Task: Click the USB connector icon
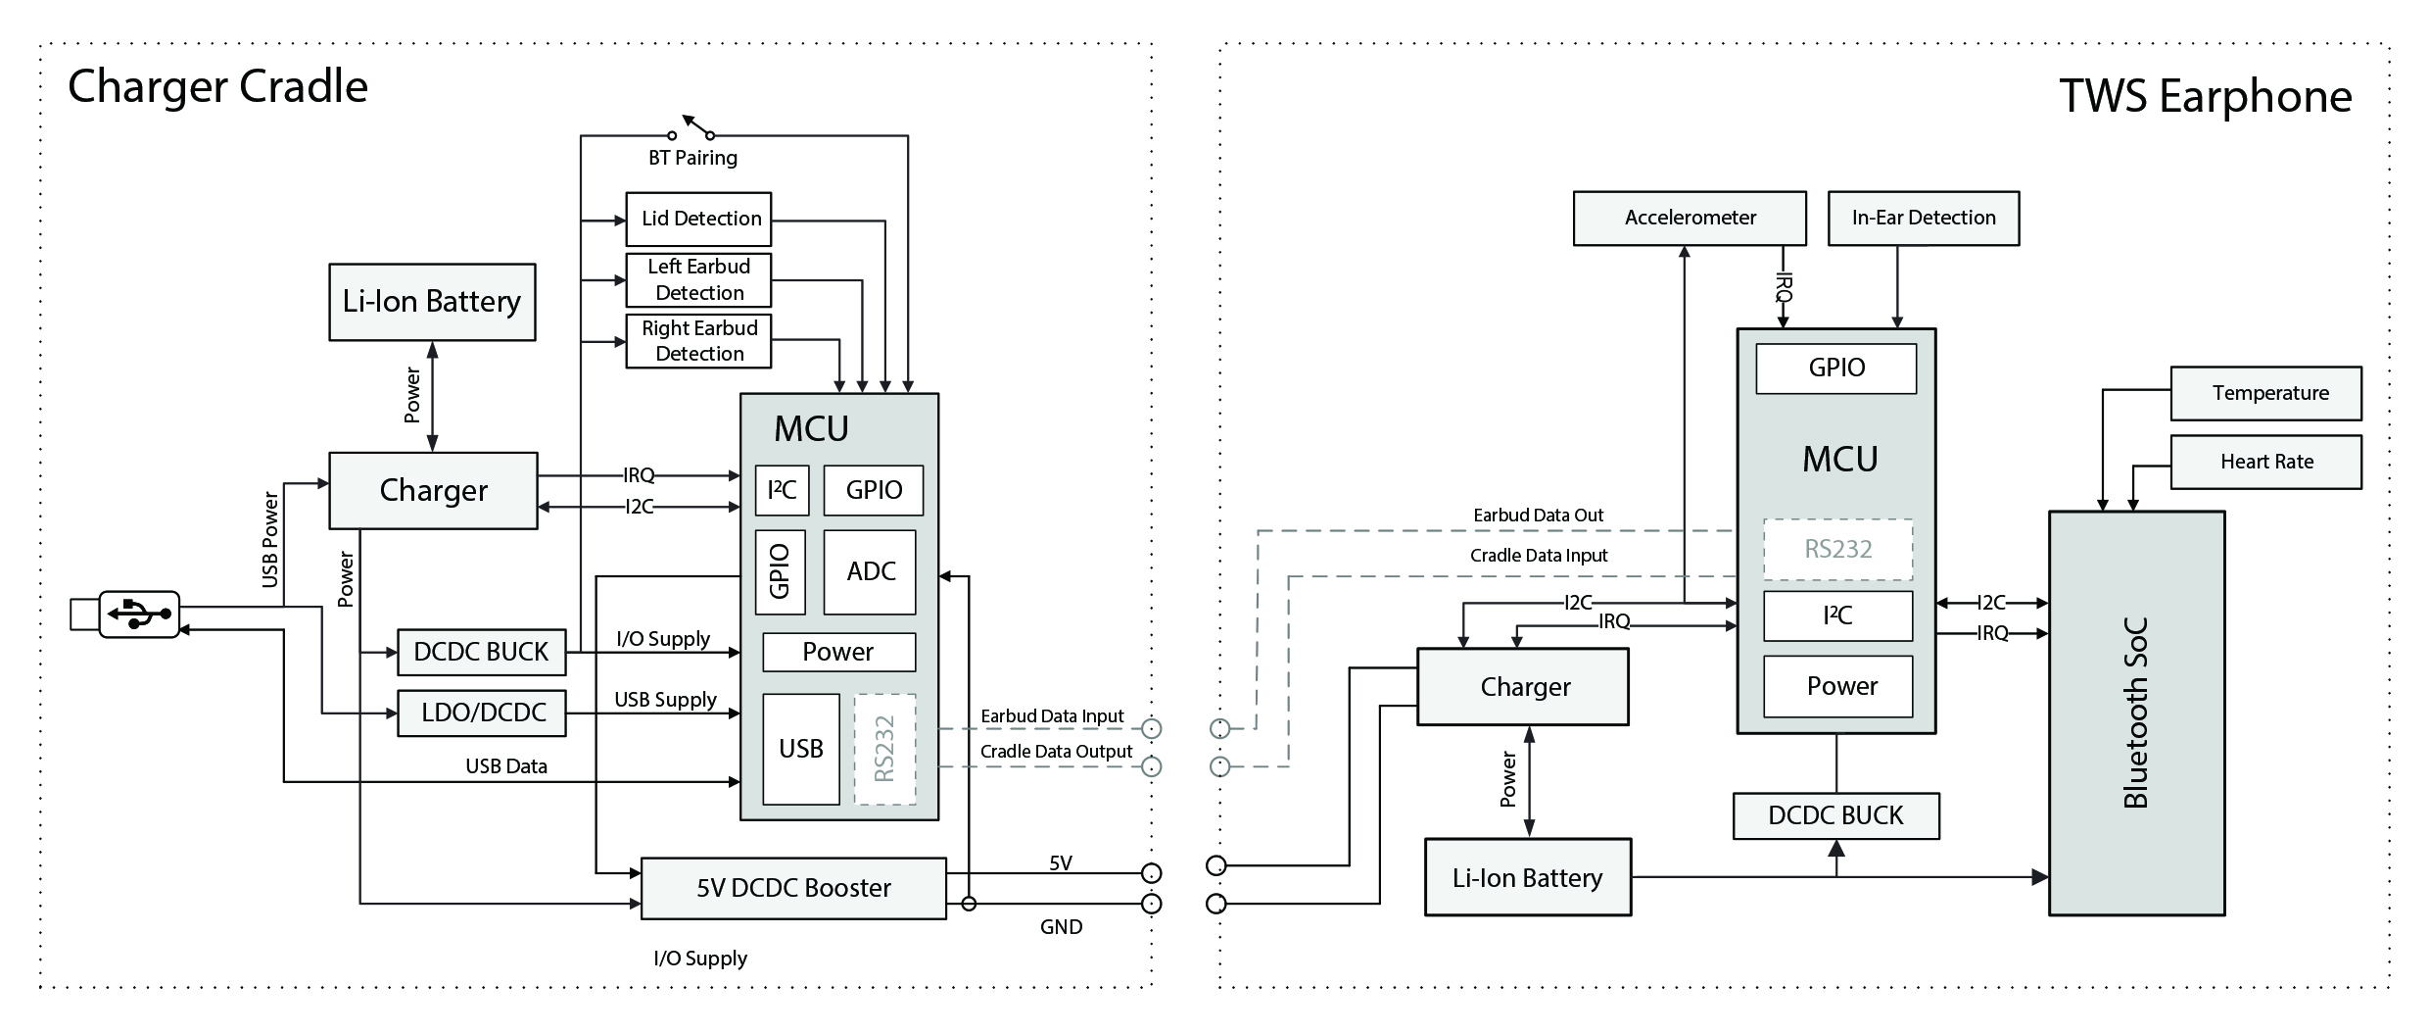click(138, 615)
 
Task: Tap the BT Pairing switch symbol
click(692, 129)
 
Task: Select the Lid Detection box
click(699, 219)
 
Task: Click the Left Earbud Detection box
click(699, 280)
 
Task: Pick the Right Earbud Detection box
click(699, 341)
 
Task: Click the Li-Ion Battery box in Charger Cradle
click(432, 302)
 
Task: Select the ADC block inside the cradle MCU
click(870, 572)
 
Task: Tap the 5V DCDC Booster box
click(793, 888)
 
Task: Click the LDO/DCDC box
click(482, 713)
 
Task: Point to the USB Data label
click(506, 766)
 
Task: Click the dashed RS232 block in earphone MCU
click(1837, 550)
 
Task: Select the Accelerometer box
click(1690, 218)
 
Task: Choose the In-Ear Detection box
click(1923, 218)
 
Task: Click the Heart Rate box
click(2265, 462)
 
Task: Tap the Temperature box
click(2265, 393)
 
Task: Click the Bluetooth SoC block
click(2136, 713)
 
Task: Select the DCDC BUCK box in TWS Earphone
click(1835, 815)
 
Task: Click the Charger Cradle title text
click(218, 87)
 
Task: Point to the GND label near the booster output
click(1061, 927)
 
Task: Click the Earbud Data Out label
click(1538, 516)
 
